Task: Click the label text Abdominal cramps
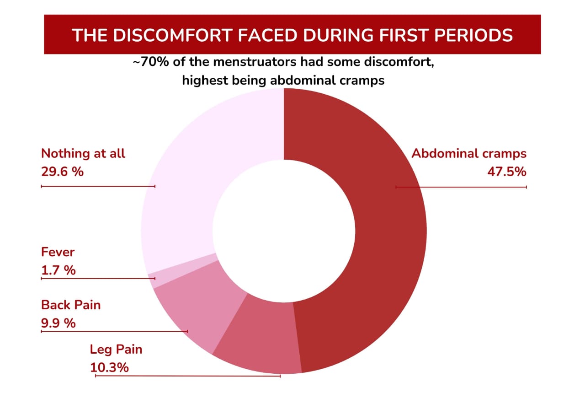pyautogui.click(x=469, y=154)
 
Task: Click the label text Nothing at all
pyautogui.click(x=83, y=154)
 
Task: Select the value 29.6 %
pyautogui.click(x=62, y=172)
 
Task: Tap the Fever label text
pyautogui.click(x=58, y=252)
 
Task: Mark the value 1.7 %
pyautogui.click(x=58, y=270)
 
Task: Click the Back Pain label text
pyautogui.click(x=70, y=305)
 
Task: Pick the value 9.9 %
pyautogui.click(x=58, y=323)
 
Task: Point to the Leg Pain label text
pyautogui.click(x=116, y=350)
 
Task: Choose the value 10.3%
pyautogui.click(x=109, y=367)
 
